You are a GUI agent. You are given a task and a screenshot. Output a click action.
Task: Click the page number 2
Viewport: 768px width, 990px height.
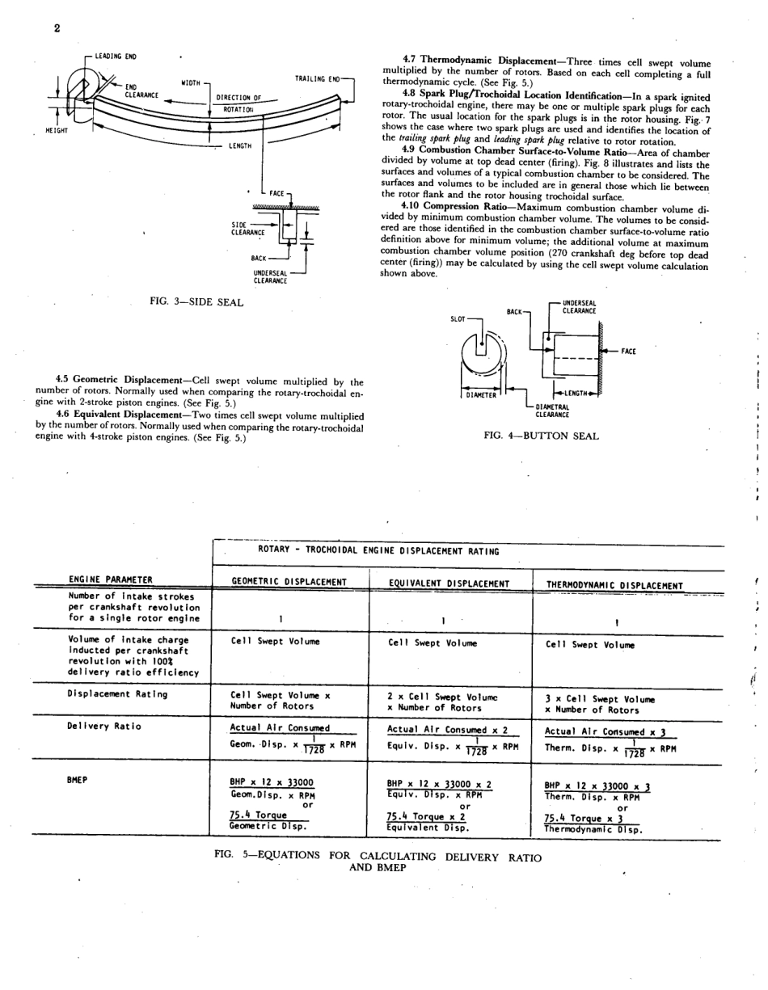pyautogui.click(x=57, y=28)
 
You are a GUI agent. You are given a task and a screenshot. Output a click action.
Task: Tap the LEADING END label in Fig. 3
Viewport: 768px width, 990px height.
pyautogui.click(x=116, y=57)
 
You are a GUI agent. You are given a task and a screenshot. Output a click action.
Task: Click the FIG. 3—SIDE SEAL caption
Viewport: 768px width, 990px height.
pyautogui.click(x=196, y=301)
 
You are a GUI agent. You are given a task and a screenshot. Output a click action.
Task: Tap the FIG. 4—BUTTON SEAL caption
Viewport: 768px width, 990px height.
pyautogui.click(x=541, y=436)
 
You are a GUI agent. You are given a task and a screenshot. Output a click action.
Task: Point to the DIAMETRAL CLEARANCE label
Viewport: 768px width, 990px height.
pyautogui.click(x=554, y=411)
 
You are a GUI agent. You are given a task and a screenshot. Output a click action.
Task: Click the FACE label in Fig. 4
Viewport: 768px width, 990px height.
pyautogui.click(x=628, y=352)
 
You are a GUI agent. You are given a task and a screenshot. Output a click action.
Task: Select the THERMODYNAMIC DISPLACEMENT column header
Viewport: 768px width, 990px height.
pyautogui.click(x=614, y=585)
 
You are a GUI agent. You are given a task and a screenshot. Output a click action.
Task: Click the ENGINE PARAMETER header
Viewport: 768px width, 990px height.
pyautogui.click(x=111, y=579)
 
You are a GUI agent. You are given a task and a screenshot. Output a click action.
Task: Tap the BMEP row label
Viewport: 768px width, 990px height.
pyautogui.click(x=78, y=780)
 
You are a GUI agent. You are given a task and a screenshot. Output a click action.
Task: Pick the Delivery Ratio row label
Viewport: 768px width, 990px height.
pyautogui.click(x=104, y=726)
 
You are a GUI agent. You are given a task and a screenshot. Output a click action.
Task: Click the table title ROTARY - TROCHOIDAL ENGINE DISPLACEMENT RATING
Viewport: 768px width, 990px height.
pyautogui.click(x=378, y=551)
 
